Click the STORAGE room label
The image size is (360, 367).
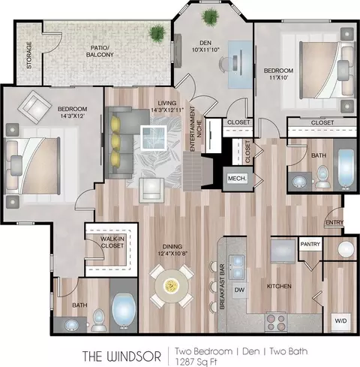(29, 55)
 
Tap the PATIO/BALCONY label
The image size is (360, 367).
(100, 51)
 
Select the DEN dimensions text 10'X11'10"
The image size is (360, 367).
(205, 50)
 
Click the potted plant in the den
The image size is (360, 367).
(210, 17)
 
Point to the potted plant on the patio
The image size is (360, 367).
(157, 34)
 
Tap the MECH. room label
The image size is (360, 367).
(237, 179)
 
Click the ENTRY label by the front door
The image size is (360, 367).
(334, 222)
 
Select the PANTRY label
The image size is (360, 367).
(310, 244)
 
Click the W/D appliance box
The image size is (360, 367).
(341, 321)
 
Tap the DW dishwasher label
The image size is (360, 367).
(239, 290)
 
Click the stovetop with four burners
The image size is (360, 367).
(276, 322)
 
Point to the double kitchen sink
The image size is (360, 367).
(237, 267)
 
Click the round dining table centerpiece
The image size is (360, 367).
(171, 285)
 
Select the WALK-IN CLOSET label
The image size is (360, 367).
(112, 242)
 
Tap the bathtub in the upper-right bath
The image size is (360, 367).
(346, 168)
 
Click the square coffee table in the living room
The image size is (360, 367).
(154, 138)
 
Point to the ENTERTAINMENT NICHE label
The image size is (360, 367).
(196, 129)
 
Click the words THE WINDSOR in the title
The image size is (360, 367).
(121, 356)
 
